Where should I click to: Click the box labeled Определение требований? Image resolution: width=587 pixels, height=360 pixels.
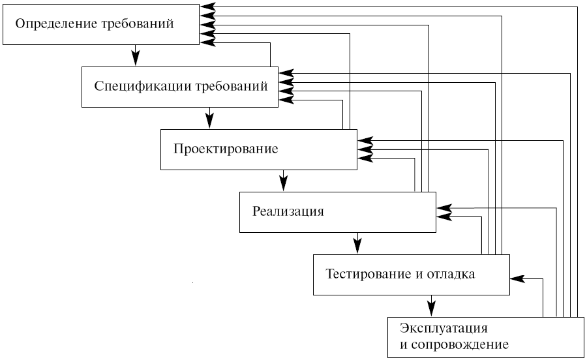click(101, 24)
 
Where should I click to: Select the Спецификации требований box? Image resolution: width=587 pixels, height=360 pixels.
click(180, 87)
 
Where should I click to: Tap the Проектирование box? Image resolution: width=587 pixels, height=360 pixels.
click(259, 149)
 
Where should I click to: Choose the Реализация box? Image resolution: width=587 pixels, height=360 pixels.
click(338, 212)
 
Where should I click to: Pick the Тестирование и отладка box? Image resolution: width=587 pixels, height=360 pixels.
click(412, 275)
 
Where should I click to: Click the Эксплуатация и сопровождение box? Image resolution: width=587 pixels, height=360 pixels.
click(485, 337)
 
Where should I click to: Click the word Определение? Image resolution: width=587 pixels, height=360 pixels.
click(57, 24)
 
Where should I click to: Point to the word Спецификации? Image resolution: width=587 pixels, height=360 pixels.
click(143, 87)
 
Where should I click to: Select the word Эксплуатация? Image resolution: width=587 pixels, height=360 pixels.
click(444, 328)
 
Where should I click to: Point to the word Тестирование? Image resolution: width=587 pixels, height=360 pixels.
click(369, 274)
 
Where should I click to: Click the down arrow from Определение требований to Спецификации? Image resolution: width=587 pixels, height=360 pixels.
click(136, 55)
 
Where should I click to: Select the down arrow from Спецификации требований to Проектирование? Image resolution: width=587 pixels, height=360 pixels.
click(209, 118)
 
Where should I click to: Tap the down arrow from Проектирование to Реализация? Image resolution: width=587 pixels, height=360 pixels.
click(284, 181)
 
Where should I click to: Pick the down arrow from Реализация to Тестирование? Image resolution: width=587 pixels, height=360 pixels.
click(357, 243)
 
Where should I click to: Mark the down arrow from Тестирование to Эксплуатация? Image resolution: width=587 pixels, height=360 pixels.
click(431, 306)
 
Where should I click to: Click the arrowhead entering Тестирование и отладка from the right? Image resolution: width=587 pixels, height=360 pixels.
click(517, 278)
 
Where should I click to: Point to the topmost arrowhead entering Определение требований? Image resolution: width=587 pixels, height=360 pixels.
click(208, 7)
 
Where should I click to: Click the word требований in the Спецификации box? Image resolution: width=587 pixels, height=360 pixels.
click(232, 87)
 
